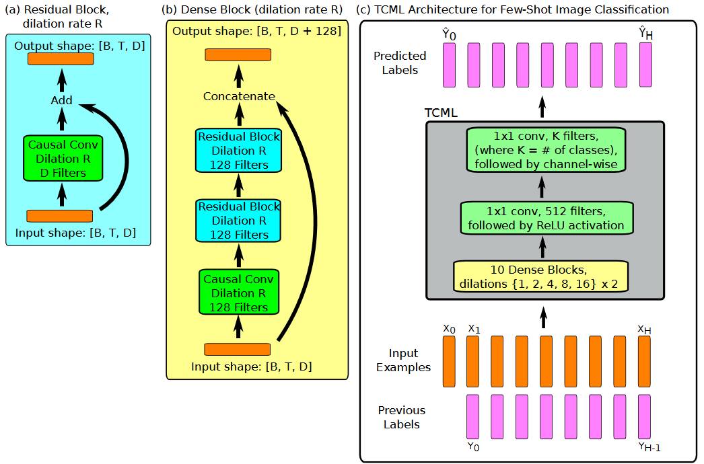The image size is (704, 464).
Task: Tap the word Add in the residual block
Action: [x=62, y=101]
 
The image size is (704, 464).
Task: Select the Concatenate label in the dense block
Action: [x=239, y=96]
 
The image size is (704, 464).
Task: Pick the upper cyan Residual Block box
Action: [x=238, y=151]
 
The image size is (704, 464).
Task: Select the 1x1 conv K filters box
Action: [x=545, y=149]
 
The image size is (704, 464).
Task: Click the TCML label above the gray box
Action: [x=441, y=112]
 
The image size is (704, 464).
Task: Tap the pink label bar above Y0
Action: [x=472, y=416]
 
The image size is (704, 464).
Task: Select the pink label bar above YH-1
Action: [x=644, y=416]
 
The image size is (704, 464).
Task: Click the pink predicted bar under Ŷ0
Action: [x=449, y=65]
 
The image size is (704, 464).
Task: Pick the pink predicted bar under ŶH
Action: [x=645, y=65]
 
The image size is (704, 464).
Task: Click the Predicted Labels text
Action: [x=400, y=63]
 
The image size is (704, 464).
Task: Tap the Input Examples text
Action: [x=403, y=360]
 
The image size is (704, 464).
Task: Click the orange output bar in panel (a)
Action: [x=61, y=59]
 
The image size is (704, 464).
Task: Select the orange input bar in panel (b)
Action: [x=237, y=349]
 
